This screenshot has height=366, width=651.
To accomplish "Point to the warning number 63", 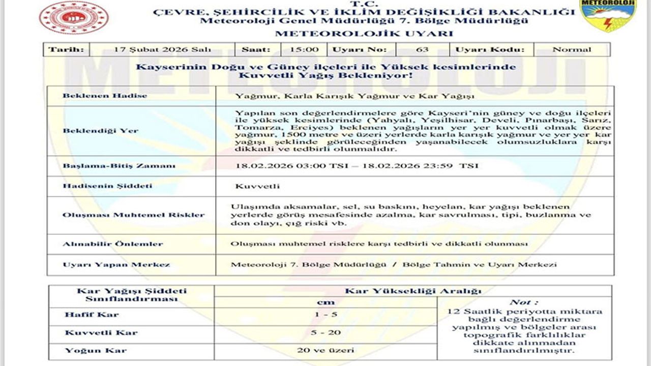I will point(422,50).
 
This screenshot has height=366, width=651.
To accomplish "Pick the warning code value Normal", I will point(572,50).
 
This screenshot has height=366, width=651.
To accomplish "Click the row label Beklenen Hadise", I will point(105,96).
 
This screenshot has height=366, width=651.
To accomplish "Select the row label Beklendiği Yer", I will point(100,131).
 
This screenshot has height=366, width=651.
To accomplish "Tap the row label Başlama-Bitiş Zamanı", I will point(119,166).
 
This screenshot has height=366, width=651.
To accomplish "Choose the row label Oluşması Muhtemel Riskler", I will point(134,215).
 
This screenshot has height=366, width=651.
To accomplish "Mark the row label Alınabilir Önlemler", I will point(113,244).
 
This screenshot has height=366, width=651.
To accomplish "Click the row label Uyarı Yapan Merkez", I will point(116,265).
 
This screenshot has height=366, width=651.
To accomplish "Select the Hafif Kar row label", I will point(92,315).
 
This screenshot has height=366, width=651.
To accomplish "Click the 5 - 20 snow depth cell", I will point(325,333).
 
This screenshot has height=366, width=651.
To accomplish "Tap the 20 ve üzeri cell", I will point(325,350).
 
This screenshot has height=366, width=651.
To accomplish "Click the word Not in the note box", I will point(524,302).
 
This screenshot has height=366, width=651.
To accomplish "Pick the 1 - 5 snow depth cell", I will point(325,315).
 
